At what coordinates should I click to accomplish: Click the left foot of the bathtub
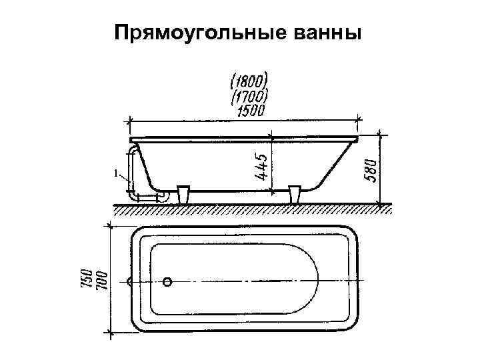(x=184, y=195)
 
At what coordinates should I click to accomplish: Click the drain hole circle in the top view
(x=169, y=282)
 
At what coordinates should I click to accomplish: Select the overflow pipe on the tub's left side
(x=133, y=170)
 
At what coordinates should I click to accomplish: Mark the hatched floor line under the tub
(x=250, y=209)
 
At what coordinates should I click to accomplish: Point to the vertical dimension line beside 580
(x=380, y=168)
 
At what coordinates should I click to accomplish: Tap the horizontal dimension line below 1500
(x=244, y=121)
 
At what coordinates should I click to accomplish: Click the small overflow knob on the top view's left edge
(x=128, y=282)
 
